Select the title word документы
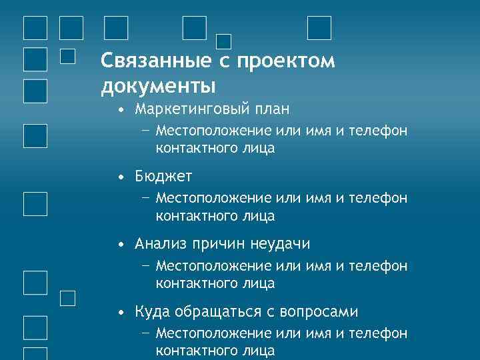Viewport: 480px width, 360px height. pos(158,86)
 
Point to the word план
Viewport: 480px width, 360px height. pos(271,109)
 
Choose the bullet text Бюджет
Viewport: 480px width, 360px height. pos(163,176)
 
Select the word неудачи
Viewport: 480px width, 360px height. pos(279,244)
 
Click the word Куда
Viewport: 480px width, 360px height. pos(152,311)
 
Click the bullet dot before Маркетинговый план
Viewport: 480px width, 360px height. pos(119,109)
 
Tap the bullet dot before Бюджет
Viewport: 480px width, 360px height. pos(119,177)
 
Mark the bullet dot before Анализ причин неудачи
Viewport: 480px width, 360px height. pos(119,245)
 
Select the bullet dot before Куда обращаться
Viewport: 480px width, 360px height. pos(119,312)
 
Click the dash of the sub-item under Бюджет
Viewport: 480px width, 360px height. pos(145,197)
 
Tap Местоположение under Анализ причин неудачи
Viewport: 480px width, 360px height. pos(213,266)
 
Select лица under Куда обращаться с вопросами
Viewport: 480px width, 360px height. pos(259,350)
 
